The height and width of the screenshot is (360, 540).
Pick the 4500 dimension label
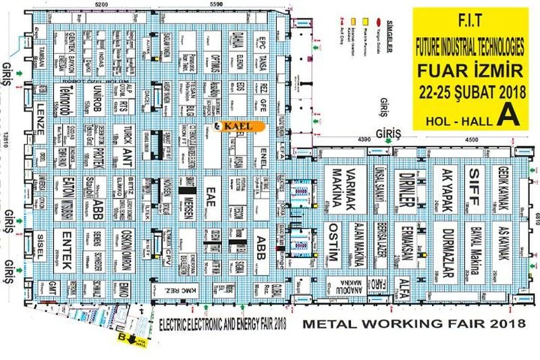469,140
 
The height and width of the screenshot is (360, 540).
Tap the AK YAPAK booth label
440,187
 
